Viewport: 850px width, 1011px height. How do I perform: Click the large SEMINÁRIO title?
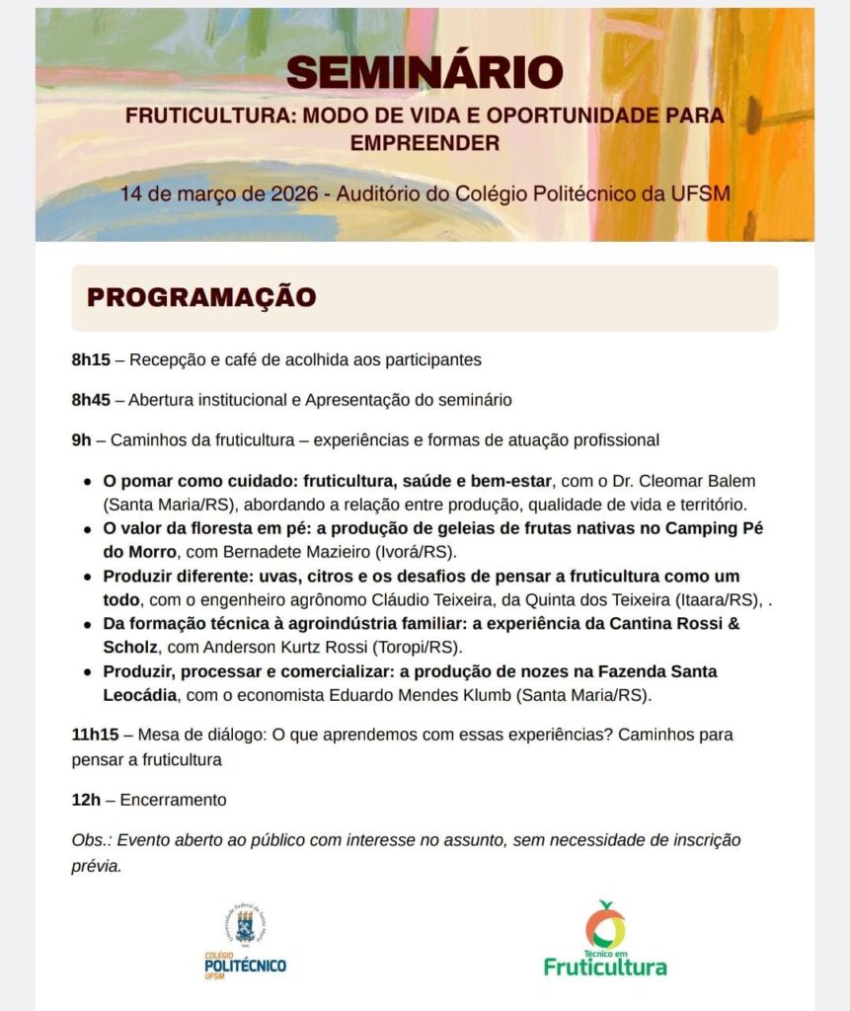point(425,72)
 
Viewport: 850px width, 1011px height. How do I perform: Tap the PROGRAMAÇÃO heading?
point(201,297)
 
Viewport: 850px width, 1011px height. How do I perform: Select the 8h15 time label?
point(91,359)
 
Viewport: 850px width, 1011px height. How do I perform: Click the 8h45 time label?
point(91,400)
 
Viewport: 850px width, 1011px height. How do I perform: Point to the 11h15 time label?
point(95,735)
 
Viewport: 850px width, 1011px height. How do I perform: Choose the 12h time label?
point(86,800)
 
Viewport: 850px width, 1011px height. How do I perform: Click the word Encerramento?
point(173,800)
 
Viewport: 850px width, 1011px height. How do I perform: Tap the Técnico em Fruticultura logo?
point(604,939)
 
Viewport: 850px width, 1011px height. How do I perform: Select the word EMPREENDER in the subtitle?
point(425,144)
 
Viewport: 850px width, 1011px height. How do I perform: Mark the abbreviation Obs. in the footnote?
point(92,840)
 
